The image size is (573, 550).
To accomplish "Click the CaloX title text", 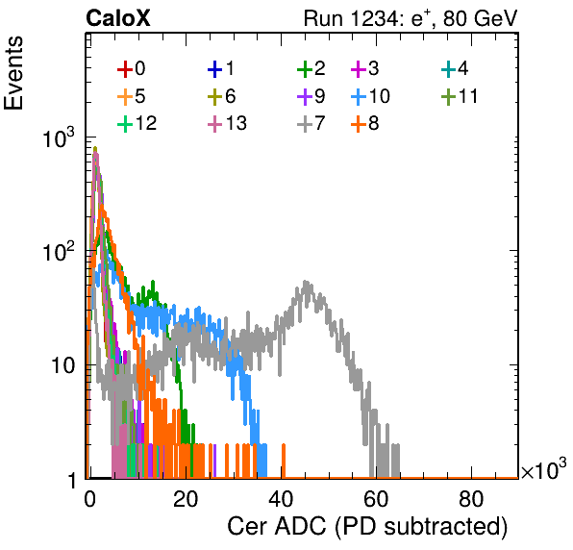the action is [118, 18].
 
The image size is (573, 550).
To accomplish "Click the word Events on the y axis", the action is [13, 73].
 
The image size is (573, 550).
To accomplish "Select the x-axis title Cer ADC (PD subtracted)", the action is [367, 527].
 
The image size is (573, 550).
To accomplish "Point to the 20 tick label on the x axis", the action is [186, 499].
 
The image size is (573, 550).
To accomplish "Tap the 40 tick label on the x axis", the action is [281, 499].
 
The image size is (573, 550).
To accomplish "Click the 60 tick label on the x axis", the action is [376, 499].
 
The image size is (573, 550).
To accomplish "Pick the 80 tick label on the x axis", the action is [471, 499].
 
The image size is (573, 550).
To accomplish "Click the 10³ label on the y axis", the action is [59, 138].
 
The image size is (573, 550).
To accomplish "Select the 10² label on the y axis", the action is [59, 251].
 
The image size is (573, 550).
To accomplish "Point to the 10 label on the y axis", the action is [62, 365].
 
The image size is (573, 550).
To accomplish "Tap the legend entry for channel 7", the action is [311, 123].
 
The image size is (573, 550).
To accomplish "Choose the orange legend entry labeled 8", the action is [365, 123].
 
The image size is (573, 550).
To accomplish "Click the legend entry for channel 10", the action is [371, 96].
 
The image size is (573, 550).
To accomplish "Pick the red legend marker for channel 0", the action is [125, 69].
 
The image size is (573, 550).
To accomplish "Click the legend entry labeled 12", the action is [137, 123].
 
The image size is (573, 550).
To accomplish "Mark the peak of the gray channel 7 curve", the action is [306, 282].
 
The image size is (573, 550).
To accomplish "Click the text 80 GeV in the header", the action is [481, 18].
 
